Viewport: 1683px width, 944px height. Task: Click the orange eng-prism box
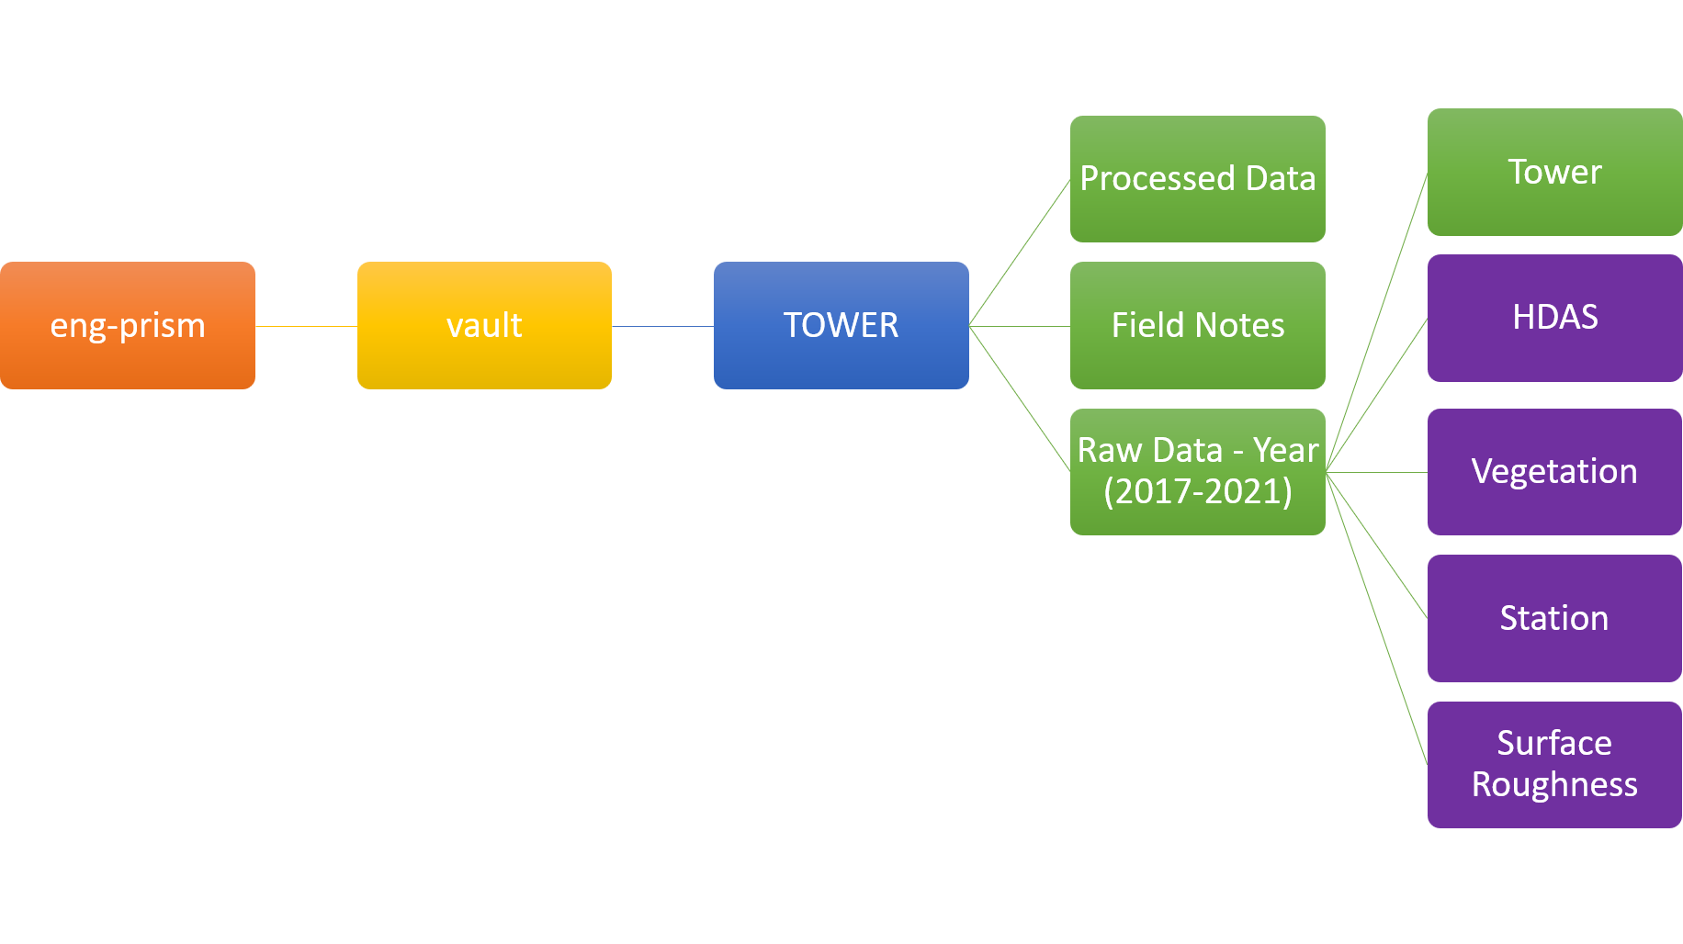[x=128, y=325]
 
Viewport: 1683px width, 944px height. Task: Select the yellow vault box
[x=484, y=325]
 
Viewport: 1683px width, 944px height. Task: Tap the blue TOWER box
[x=841, y=325]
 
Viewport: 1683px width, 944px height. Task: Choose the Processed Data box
[x=1197, y=179]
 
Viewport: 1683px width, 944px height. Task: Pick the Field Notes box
[x=1197, y=325]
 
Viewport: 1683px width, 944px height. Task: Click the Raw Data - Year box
[x=1197, y=471]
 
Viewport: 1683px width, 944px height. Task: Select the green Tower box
[x=1554, y=172]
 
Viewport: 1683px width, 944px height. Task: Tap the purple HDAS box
[x=1554, y=318]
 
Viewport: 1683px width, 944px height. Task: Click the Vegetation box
[x=1554, y=471]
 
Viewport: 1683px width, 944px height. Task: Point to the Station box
[x=1554, y=618]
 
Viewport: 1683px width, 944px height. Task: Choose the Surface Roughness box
[x=1554, y=764]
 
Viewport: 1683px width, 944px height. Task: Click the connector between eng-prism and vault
[x=306, y=326]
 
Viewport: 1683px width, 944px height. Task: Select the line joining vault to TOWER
[x=662, y=326]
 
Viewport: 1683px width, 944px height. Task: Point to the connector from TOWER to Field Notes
[x=1020, y=326]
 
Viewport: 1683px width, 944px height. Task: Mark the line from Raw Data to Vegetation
[x=1376, y=472]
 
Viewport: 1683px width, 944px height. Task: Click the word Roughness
[x=1554, y=785]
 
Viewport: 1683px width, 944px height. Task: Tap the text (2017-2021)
[x=1197, y=492]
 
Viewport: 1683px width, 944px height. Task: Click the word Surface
[x=1554, y=743]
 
